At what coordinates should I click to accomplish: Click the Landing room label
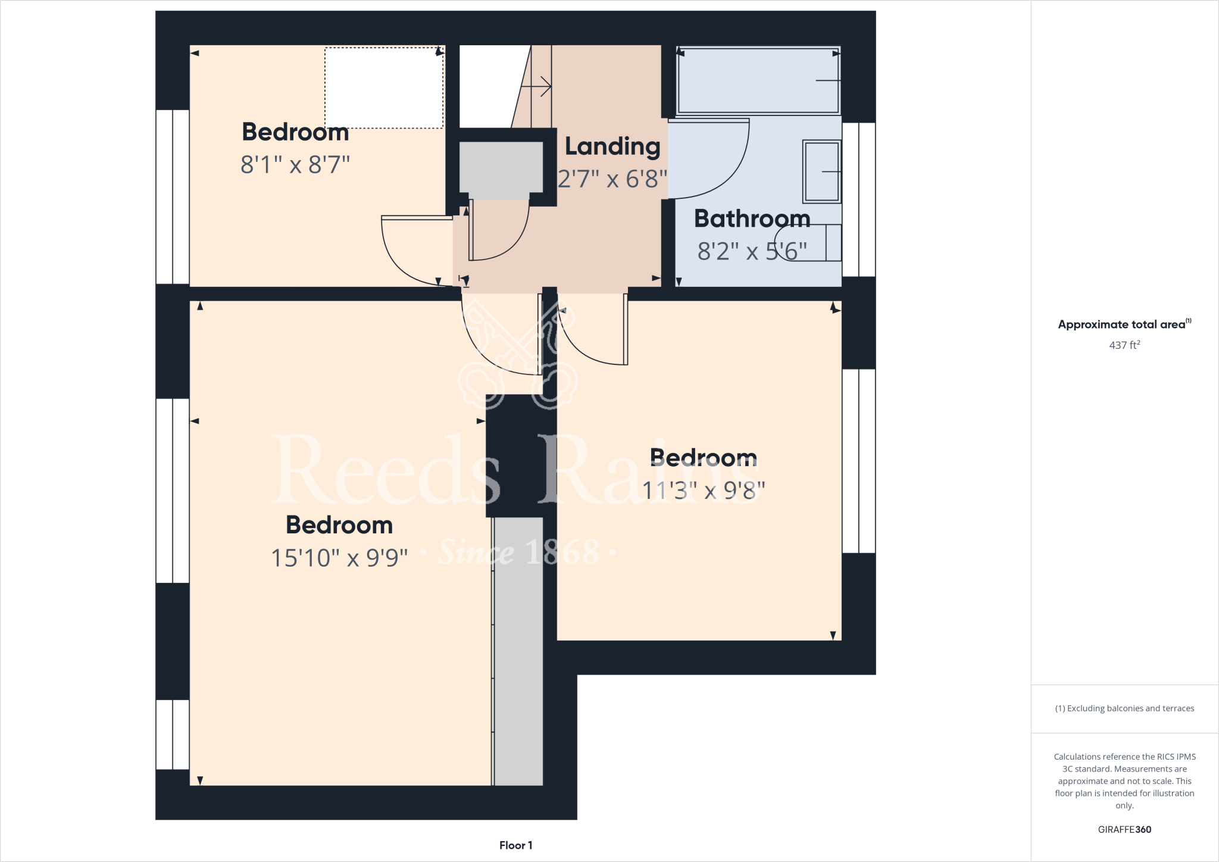tap(612, 146)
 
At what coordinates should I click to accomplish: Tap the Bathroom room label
tap(752, 219)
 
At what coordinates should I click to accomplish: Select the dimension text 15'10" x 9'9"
tap(339, 558)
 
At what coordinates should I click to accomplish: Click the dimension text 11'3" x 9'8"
tap(703, 491)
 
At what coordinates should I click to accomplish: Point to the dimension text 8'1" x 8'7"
tap(295, 164)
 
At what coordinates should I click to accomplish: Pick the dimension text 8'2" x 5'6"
tap(752, 251)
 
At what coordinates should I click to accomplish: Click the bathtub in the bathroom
tap(758, 80)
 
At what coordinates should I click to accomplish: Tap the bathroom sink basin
tap(821, 171)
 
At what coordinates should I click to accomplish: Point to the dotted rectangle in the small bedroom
tap(384, 88)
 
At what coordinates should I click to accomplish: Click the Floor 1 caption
tap(515, 845)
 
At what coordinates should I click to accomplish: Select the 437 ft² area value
tap(1124, 345)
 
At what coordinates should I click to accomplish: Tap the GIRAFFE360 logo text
tap(1124, 829)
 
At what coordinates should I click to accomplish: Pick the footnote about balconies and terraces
tap(1124, 708)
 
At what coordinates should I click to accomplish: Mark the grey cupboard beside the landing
tap(501, 170)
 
